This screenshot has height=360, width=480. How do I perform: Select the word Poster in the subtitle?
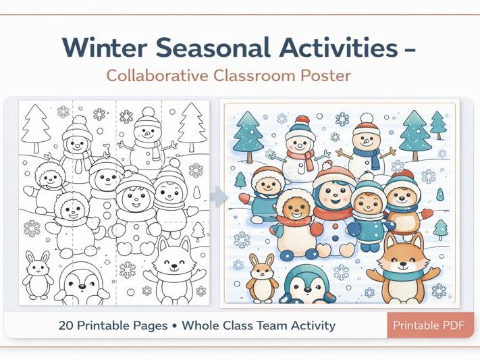pos(327,75)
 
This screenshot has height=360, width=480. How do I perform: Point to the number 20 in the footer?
pos(65,325)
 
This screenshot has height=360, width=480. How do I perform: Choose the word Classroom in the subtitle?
pos(257,75)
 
